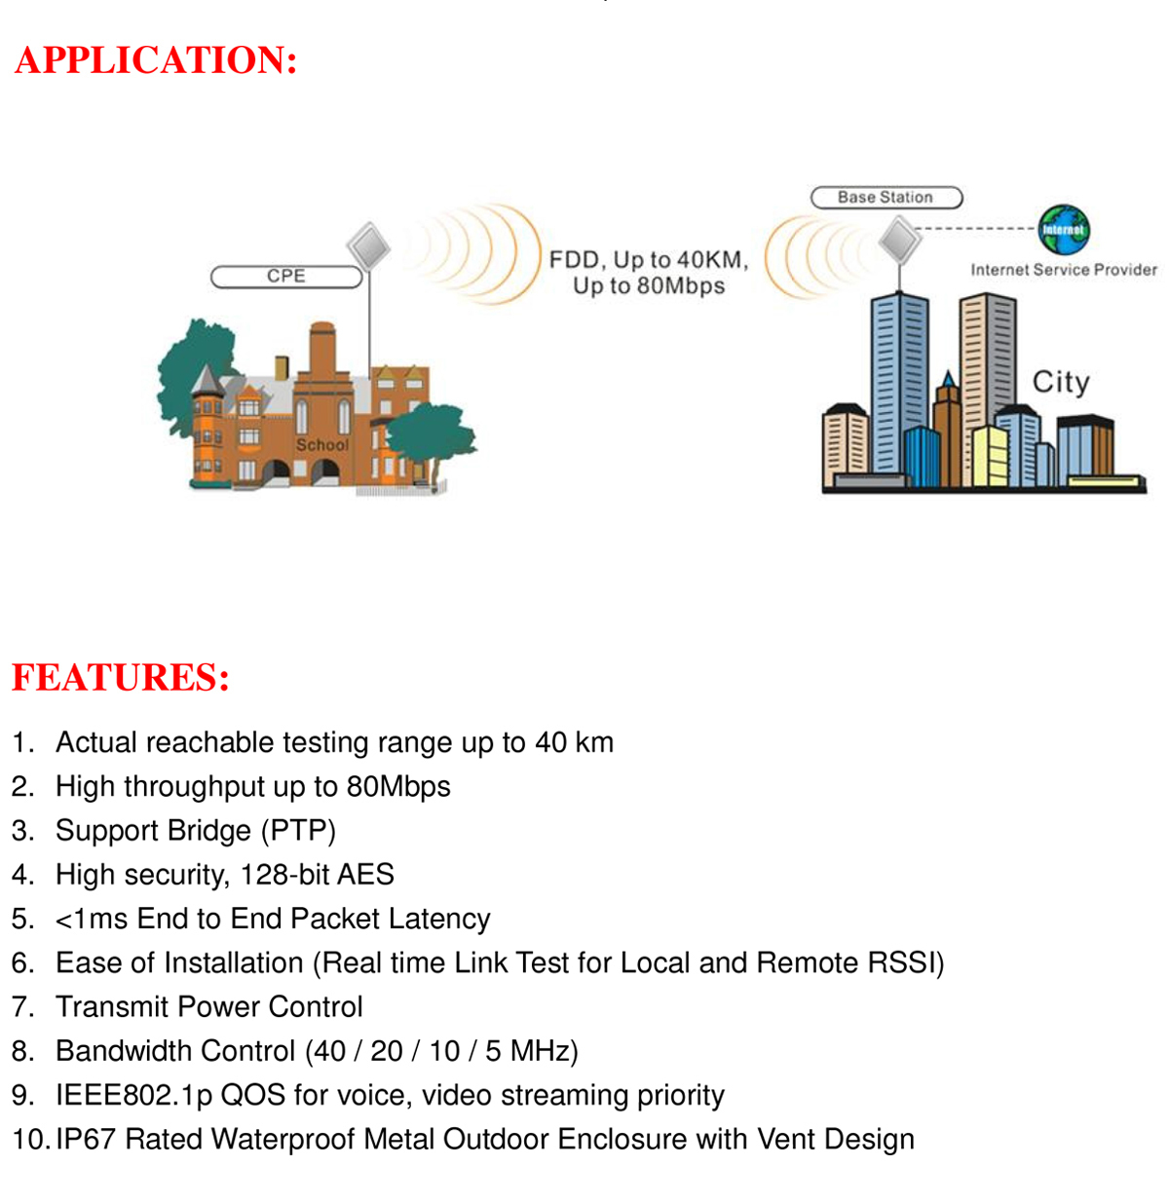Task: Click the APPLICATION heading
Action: [x=156, y=60]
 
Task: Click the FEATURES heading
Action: [x=121, y=677]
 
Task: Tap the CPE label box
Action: [x=286, y=277]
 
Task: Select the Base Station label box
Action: [x=886, y=198]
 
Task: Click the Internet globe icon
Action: [x=1063, y=230]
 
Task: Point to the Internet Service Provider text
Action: [x=1063, y=270]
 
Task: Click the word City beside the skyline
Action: [x=1060, y=382]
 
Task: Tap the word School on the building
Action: [x=321, y=444]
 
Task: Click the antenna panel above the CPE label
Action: [x=368, y=246]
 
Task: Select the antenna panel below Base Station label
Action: [x=899, y=240]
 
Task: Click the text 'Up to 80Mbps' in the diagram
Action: [x=649, y=286]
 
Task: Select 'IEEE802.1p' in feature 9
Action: [x=134, y=1095]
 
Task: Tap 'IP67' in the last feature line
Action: [x=86, y=1139]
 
